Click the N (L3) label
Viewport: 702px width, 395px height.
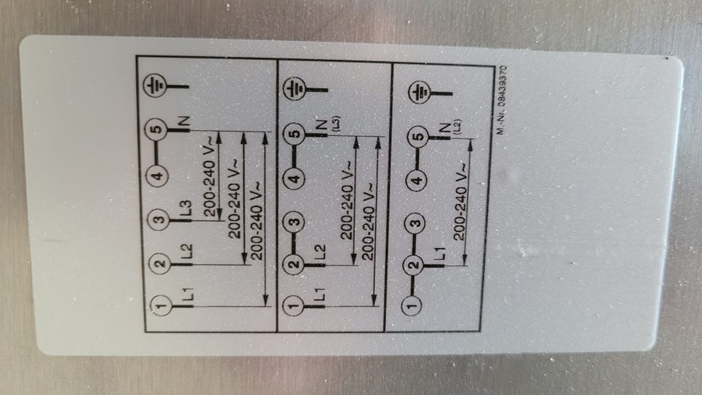[321, 130]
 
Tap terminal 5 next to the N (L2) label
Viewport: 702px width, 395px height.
[418, 138]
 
